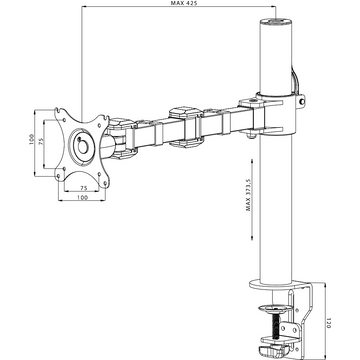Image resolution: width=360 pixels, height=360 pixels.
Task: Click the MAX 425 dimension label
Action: click(x=179, y=3)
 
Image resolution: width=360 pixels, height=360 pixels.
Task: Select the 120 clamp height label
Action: click(x=328, y=323)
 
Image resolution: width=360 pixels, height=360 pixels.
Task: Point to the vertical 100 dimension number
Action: click(x=31, y=139)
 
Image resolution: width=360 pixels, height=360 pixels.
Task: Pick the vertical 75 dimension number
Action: click(x=41, y=141)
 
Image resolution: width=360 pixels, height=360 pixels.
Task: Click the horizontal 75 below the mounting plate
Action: click(x=84, y=188)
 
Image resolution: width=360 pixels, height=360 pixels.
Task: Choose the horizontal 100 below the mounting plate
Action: click(x=82, y=197)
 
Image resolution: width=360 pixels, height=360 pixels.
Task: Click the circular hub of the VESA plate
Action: click(x=82, y=145)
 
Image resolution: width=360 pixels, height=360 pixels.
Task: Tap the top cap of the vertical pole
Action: click(x=276, y=24)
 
